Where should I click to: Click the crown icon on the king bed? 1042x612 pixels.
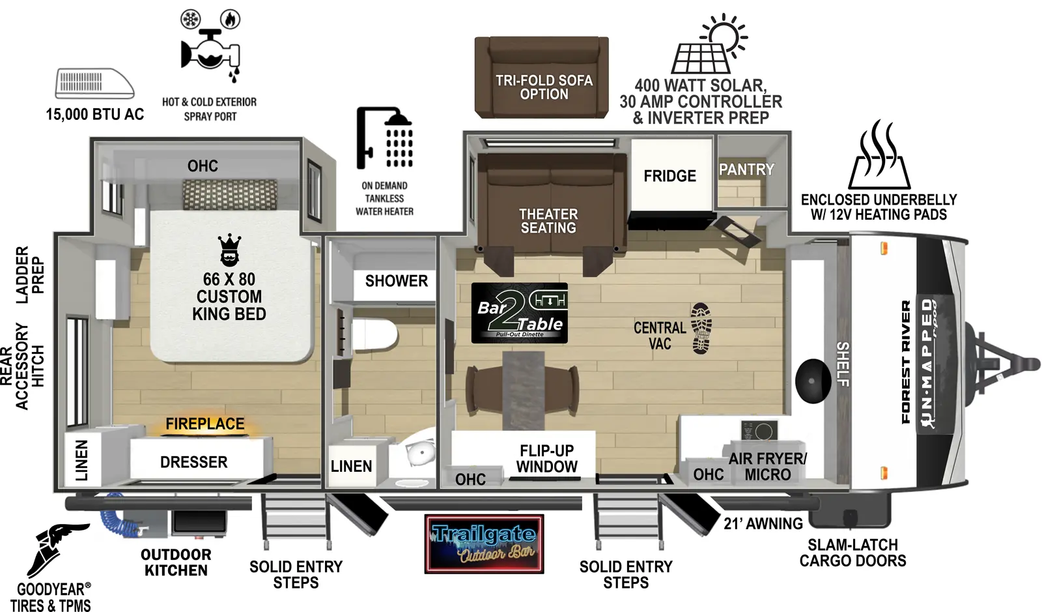click(229, 250)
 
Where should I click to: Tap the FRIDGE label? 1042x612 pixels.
click(669, 176)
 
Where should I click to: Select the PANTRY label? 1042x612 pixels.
click(746, 169)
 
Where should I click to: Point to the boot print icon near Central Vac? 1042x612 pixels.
click(701, 328)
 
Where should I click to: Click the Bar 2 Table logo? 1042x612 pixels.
click(519, 313)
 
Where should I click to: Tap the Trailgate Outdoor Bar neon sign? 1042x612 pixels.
click(484, 544)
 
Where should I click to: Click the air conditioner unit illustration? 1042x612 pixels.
click(94, 83)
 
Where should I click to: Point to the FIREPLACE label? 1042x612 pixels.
click(205, 424)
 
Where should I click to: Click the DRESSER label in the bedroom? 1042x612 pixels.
click(193, 462)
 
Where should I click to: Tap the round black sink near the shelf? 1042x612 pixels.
click(813, 381)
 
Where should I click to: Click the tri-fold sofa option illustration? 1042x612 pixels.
click(542, 77)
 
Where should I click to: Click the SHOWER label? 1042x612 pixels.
click(396, 281)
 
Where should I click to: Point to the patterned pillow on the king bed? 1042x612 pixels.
click(230, 194)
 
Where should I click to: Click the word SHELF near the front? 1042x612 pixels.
click(843, 364)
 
